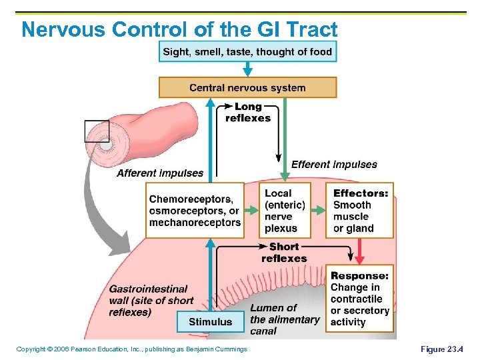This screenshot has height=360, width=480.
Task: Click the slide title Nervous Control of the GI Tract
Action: [179, 29]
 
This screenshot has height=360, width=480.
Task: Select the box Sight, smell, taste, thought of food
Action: [247, 51]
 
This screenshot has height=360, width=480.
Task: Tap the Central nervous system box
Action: [247, 87]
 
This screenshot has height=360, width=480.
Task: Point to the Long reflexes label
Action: [248, 112]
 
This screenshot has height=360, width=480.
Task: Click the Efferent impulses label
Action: [334, 164]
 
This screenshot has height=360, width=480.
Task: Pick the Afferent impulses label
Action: [160, 173]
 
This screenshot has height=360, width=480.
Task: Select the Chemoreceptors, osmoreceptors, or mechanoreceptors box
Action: [195, 211]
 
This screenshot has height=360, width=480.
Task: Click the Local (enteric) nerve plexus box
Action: [285, 211]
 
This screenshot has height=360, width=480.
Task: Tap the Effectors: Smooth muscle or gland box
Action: [360, 211]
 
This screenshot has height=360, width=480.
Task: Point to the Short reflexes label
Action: [284, 252]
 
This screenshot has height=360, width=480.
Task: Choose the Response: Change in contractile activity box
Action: [360, 299]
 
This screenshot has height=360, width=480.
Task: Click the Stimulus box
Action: [211, 321]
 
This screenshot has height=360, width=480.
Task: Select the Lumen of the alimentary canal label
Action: [285, 319]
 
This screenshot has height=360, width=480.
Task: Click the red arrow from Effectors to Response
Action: [360, 251]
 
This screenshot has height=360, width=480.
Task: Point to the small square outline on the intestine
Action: [97, 131]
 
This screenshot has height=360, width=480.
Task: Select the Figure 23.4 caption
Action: [441, 349]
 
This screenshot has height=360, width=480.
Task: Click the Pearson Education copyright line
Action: [131, 349]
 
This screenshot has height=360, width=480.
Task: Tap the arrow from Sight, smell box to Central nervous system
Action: [247, 69]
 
